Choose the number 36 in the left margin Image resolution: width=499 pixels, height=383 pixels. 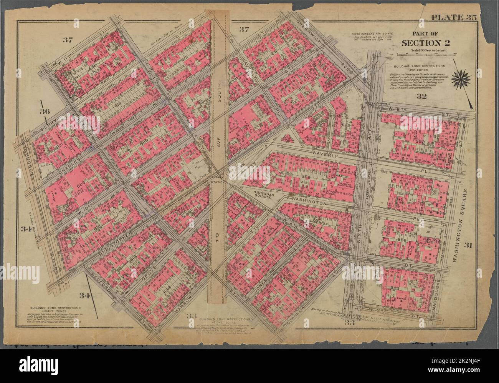[45, 112]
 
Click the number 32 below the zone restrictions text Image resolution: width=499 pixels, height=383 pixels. [422, 97]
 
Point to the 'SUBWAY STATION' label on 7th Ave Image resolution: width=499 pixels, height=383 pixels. [219, 178]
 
